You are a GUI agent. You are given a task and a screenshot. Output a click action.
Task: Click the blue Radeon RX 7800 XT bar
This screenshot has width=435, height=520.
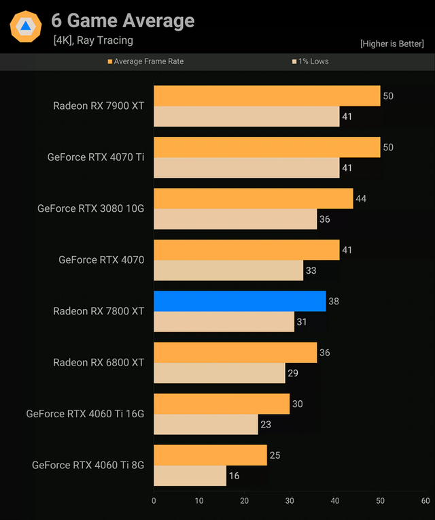[x=239, y=301]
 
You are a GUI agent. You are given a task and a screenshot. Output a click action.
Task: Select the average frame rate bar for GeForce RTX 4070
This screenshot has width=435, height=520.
[x=246, y=250]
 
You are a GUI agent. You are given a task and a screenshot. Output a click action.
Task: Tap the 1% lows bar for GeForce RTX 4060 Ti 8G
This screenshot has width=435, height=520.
[x=190, y=476]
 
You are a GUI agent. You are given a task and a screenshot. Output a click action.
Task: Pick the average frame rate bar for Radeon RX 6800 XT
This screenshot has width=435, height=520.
[x=235, y=353]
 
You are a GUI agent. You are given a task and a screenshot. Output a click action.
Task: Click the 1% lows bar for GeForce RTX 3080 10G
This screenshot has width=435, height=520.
[x=235, y=219]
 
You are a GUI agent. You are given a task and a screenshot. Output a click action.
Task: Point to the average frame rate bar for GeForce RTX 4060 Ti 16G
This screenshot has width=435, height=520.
[x=222, y=404]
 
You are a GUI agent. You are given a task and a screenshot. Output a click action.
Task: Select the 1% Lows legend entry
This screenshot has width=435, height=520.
[x=311, y=61]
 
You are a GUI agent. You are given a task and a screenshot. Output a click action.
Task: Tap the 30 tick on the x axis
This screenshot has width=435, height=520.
[x=290, y=501]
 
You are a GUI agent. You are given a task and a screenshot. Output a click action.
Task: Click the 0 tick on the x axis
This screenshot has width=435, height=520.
[x=154, y=501]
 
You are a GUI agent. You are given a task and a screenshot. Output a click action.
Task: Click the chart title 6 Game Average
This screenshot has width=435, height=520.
[x=123, y=21]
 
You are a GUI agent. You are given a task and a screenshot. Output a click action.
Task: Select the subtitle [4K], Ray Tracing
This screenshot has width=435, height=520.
[x=93, y=40]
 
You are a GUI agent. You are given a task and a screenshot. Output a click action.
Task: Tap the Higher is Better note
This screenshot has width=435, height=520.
[x=393, y=44]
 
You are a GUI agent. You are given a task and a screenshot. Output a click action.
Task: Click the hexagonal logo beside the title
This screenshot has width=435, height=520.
[x=26, y=27]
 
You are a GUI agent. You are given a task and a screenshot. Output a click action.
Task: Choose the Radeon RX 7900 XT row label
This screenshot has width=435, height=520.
[x=99, y=105]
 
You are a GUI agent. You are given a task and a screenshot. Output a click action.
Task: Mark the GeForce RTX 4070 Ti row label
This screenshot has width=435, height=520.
[x=96, y=157]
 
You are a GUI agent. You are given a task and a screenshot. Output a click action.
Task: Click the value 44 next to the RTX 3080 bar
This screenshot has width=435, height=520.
[x=360, y=198]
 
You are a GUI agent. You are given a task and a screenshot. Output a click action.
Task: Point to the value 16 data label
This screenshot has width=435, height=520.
[x=234, y=476]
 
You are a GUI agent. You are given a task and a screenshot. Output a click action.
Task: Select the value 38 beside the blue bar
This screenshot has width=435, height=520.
[x=333, y=301]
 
